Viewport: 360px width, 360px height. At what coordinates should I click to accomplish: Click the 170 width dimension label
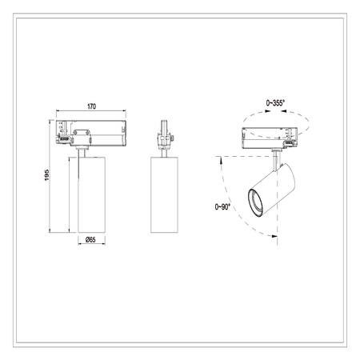click(x=91, y=106)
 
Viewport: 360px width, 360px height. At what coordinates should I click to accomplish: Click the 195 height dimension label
click(x=47, y=175)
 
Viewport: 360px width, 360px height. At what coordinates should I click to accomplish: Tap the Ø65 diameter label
click(x=90, y=239)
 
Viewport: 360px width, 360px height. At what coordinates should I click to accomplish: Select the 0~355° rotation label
click(x=275, y=103)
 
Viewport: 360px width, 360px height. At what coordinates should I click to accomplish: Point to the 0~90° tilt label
click(x=222, y=206)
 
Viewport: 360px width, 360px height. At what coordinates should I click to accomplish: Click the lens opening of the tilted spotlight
click(x=255, y=202)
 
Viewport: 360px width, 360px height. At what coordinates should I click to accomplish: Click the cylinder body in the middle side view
click(x=164, y=194)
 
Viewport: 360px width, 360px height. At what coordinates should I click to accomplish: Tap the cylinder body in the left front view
click(x=91, y=194)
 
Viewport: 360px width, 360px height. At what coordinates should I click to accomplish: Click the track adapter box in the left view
click(x=91, y=133)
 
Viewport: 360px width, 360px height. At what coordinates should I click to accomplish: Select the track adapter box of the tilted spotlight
click(x=270, y=138)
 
